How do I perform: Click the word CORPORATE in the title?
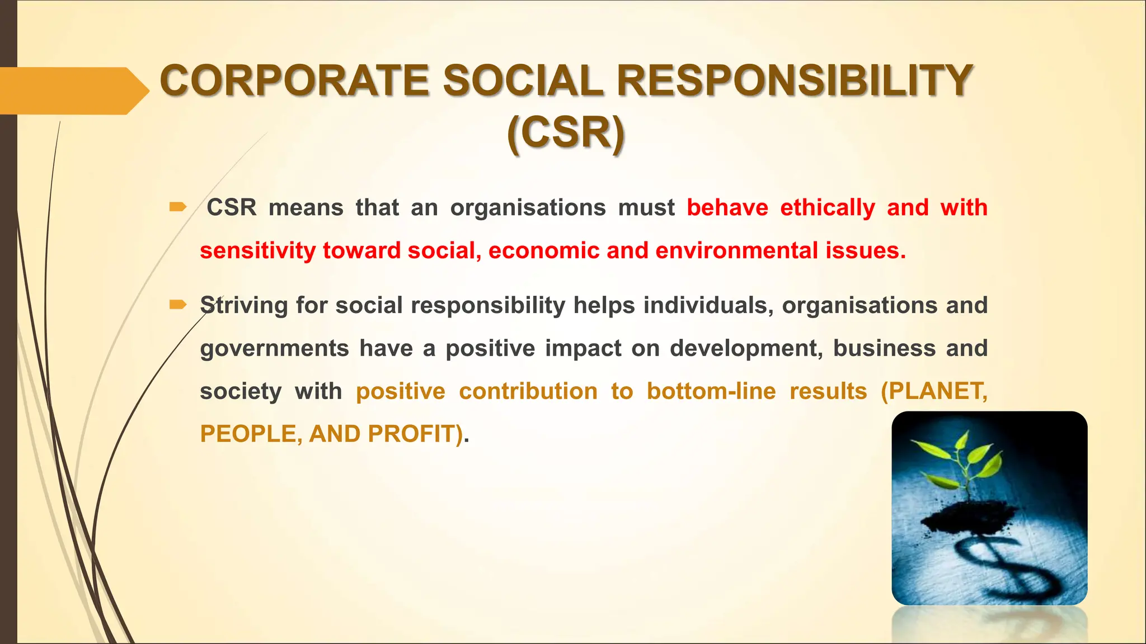294,80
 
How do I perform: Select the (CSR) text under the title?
566,133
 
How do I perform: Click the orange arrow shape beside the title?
73,91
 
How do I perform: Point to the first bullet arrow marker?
177,207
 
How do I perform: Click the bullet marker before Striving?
177,305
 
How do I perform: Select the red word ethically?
827,208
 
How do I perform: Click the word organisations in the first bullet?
528,208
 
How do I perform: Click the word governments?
274,349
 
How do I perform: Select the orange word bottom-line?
711,391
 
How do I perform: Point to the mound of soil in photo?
968,518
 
